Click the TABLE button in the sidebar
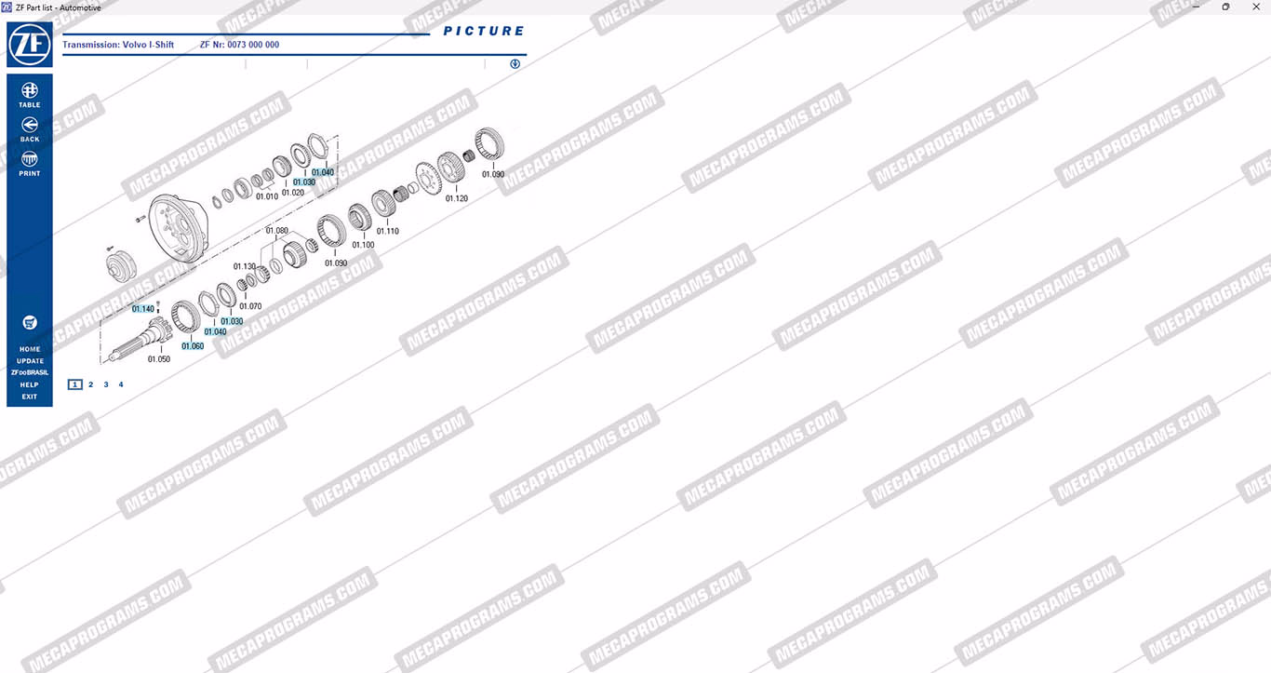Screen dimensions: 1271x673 point(30,95)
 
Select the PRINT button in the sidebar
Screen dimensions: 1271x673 point(30,164)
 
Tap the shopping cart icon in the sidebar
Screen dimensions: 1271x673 point(30,323)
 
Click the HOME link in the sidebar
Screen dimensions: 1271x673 point(30,350)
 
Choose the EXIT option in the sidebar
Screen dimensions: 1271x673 point(30,397)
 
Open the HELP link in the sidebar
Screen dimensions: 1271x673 point(30,384)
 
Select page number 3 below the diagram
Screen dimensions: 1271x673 point(106,384)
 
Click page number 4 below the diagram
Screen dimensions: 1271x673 point(121,384)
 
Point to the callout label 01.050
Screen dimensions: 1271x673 point(159,359)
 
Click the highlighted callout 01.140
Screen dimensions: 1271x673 point(143,309)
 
